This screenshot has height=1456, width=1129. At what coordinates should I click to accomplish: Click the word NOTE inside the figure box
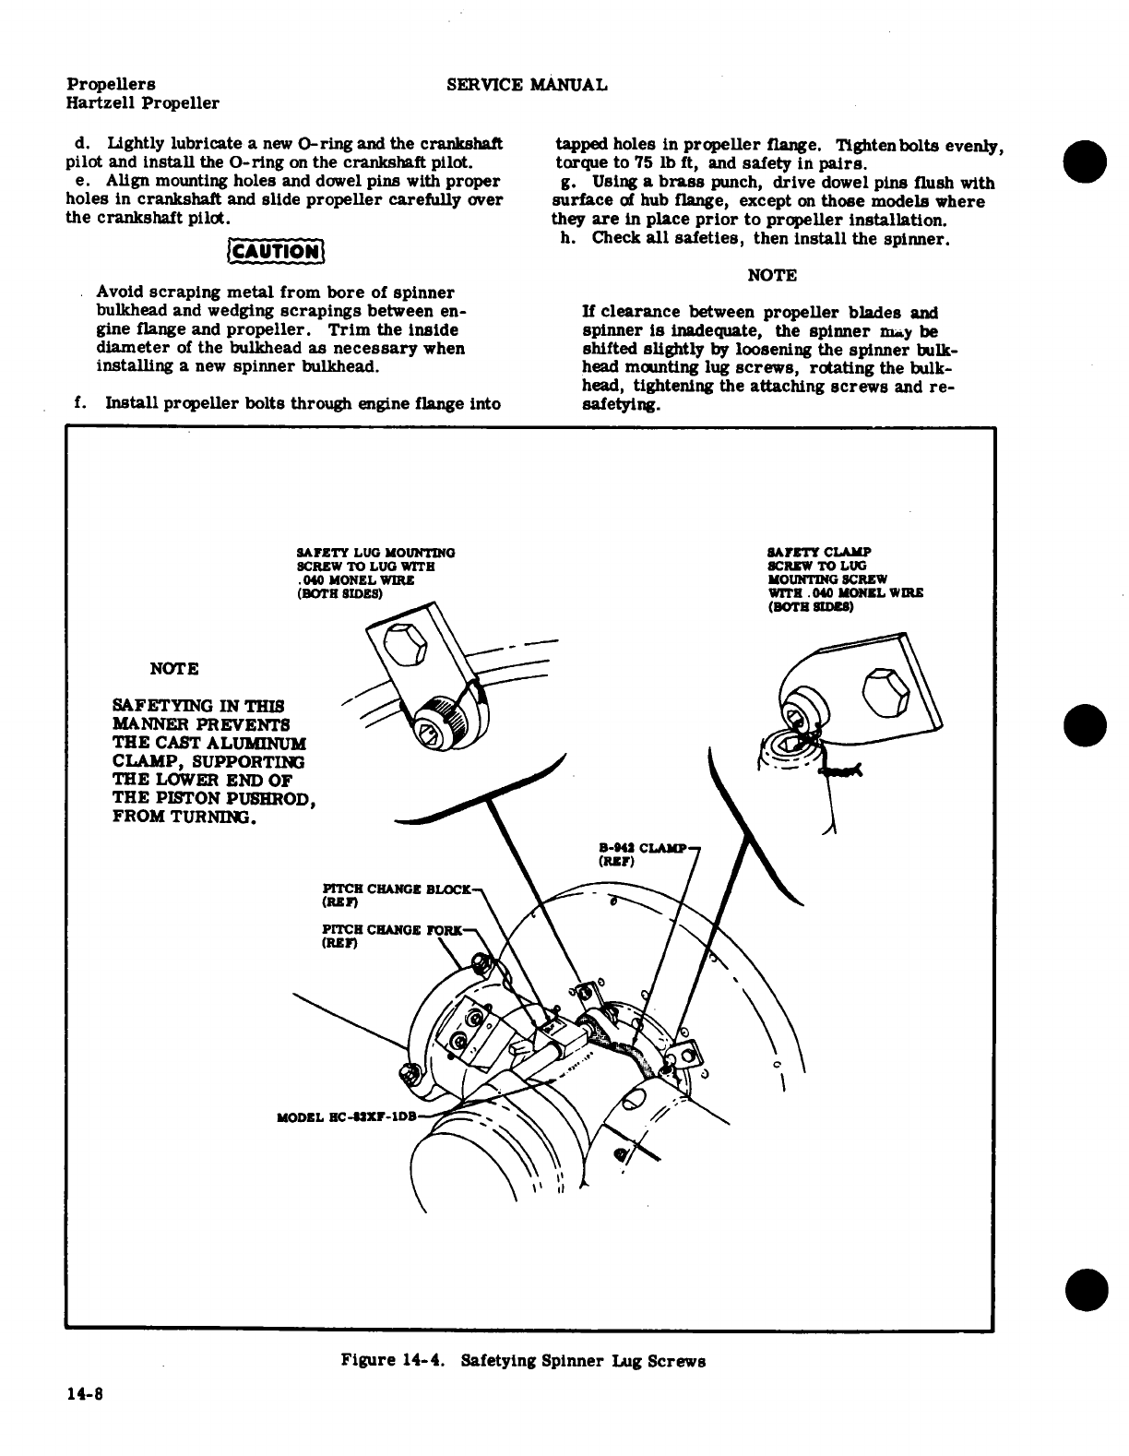pos(174,668)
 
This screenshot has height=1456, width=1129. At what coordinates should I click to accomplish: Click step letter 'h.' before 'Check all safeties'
pos(568,238)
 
